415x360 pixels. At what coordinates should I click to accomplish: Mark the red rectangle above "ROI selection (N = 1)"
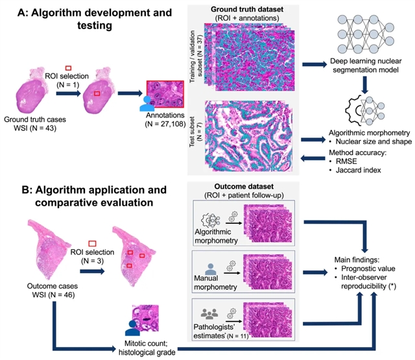pos(67,67)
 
